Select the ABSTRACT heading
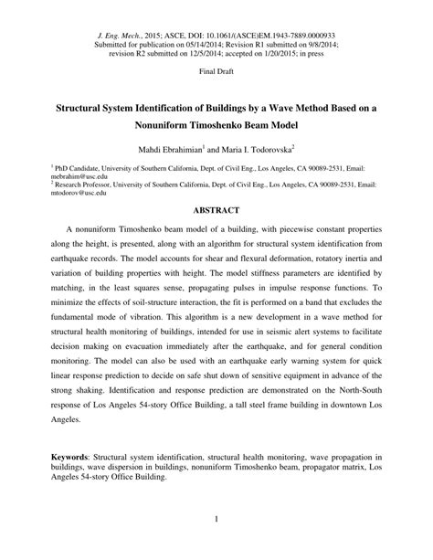tap(216, 208)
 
